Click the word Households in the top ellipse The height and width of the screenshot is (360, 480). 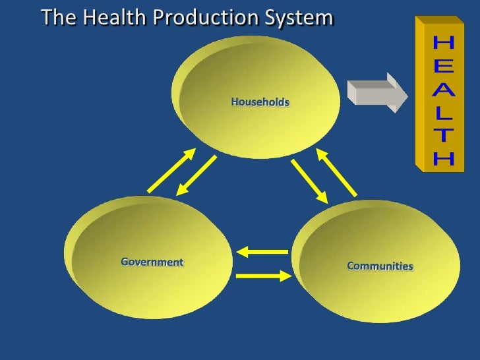(260, 102)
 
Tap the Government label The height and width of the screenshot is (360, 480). (152, 262)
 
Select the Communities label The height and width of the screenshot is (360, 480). (380, 266)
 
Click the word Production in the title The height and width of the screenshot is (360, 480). (198, 18)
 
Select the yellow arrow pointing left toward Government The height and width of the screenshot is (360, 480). (262, 251)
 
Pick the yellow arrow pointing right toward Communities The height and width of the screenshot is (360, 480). (262, 275)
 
